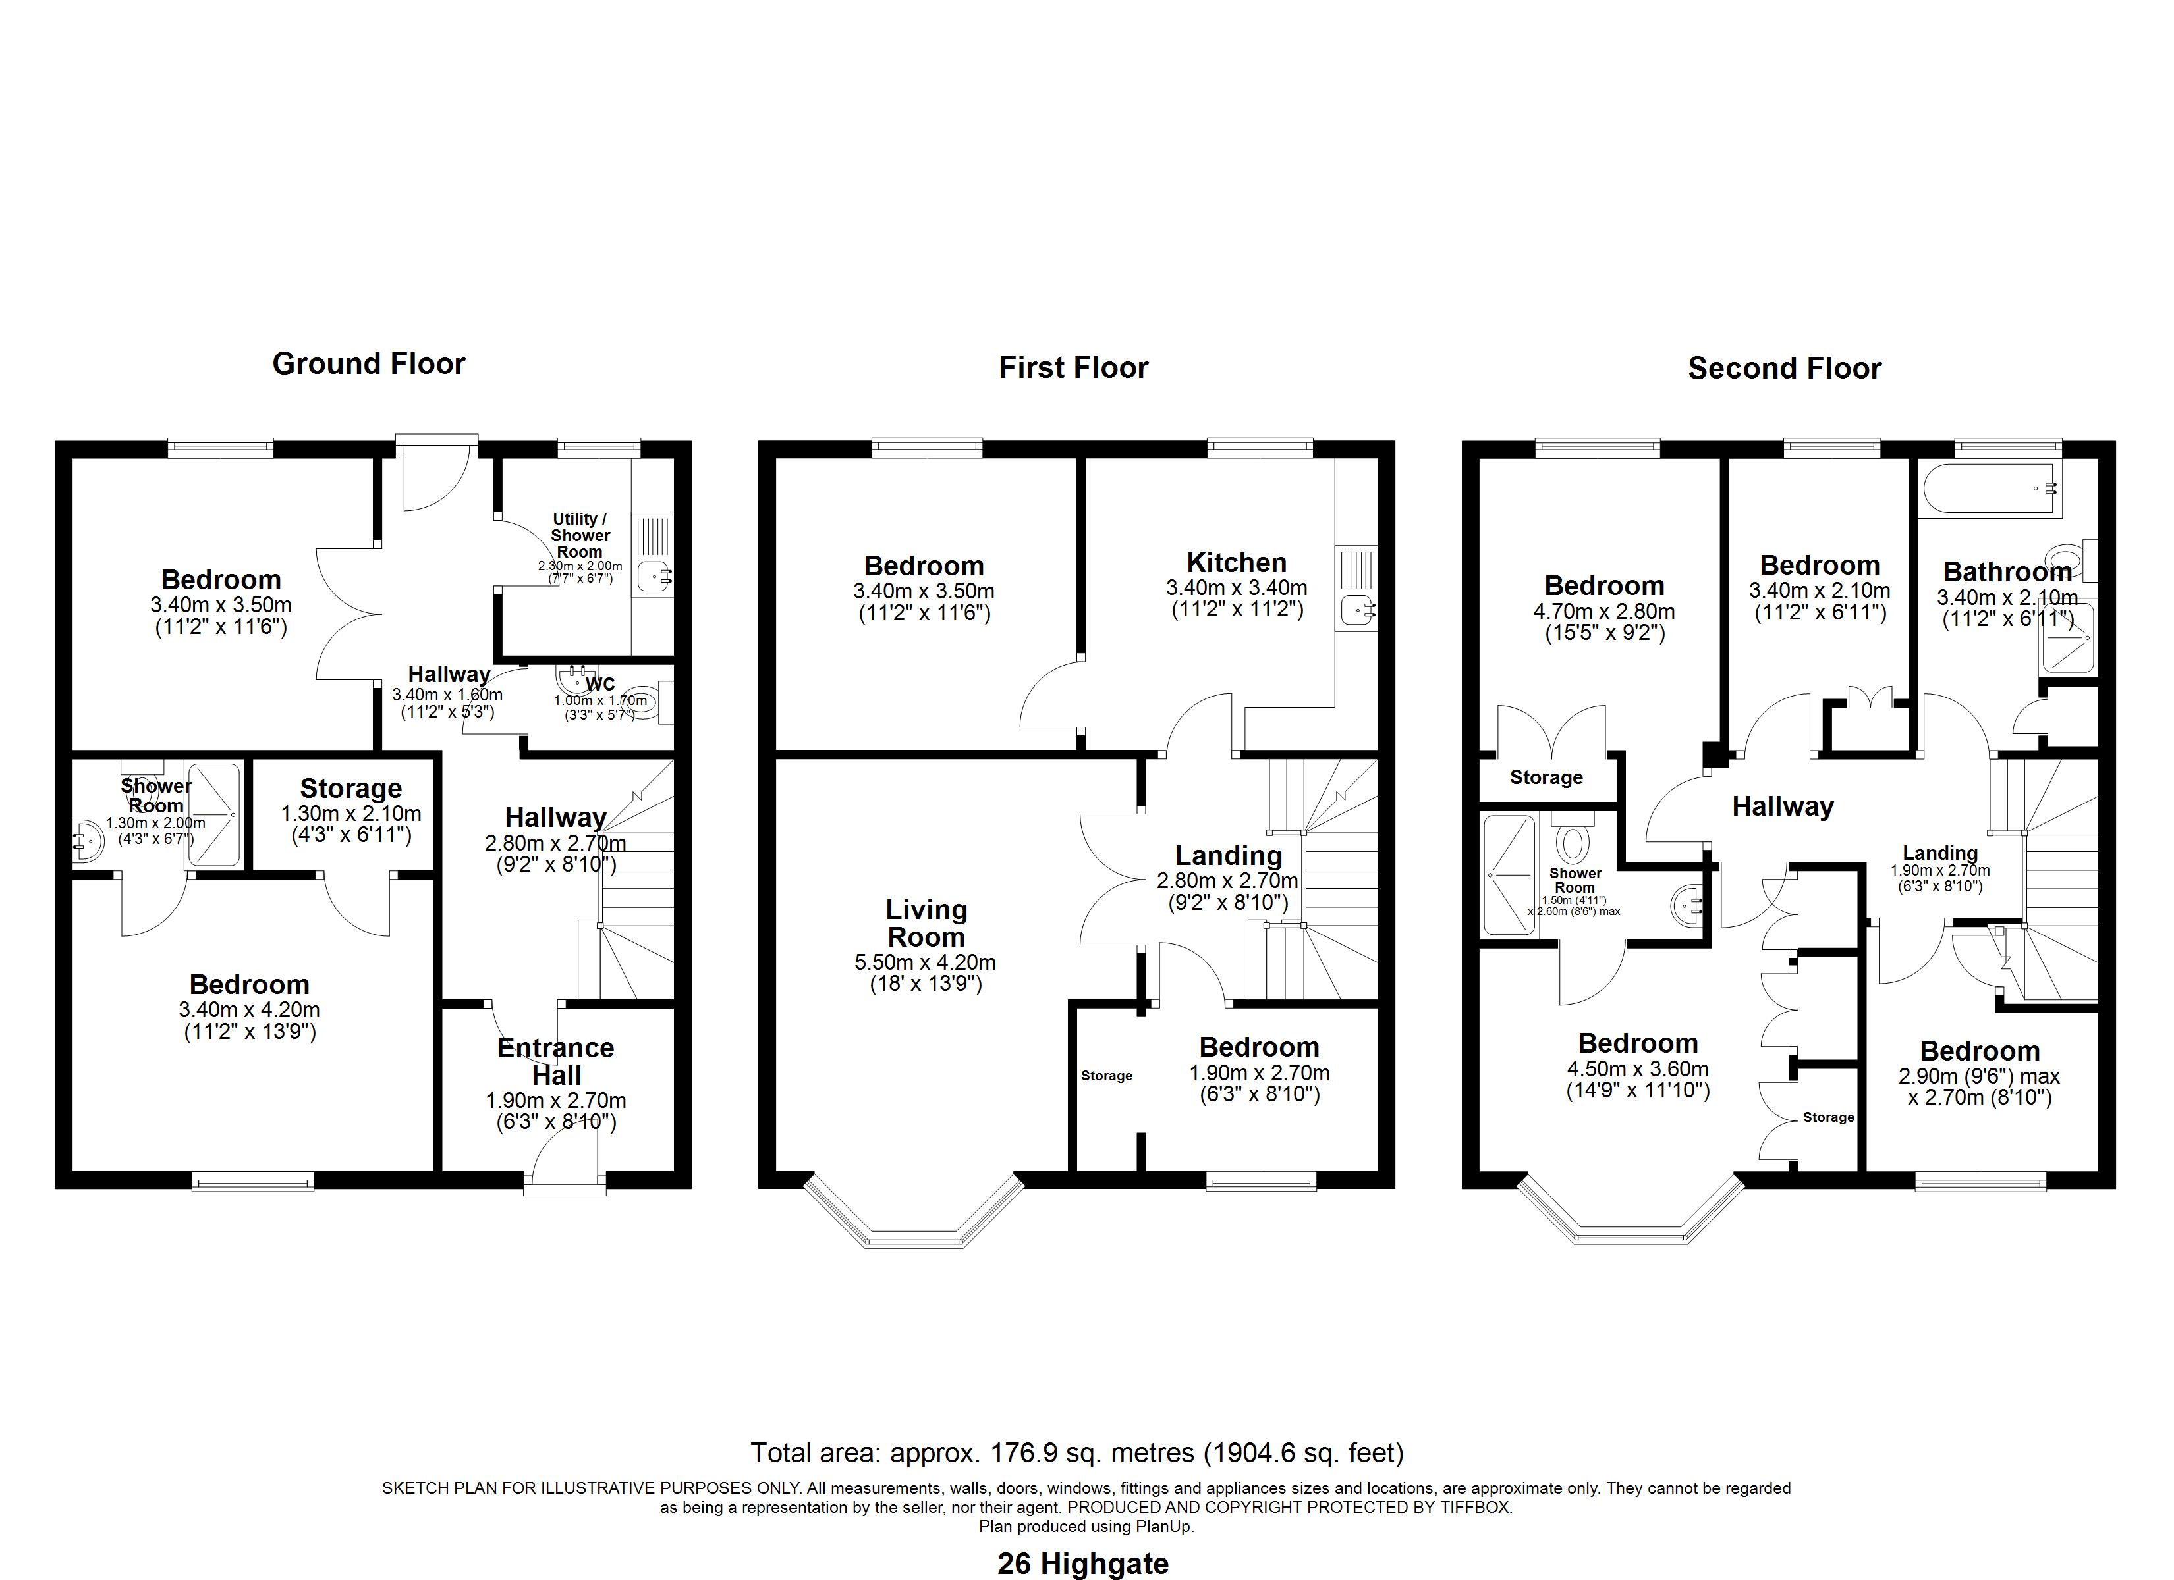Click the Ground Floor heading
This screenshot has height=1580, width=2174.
click(368, 364)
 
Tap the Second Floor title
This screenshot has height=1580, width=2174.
click(1784, 369)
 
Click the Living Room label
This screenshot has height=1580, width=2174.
click(926, 923)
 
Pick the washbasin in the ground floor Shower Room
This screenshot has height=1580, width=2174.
click(87, 840)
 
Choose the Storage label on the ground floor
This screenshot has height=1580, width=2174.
click(351, 789)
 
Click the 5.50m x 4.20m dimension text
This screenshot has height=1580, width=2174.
click(925, 962)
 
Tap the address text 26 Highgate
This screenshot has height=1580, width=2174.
click(1083, 1564)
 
